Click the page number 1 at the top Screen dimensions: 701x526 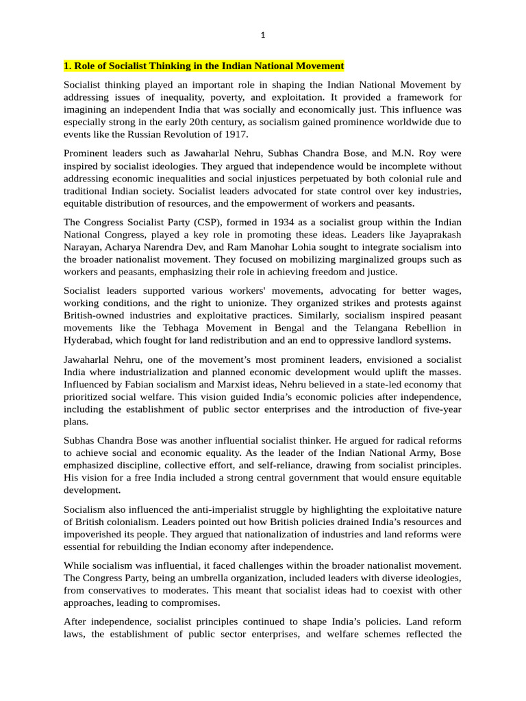pyautogui.click(x=263, y=36)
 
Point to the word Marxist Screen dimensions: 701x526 pyautogui.click(x=222, y=384)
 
